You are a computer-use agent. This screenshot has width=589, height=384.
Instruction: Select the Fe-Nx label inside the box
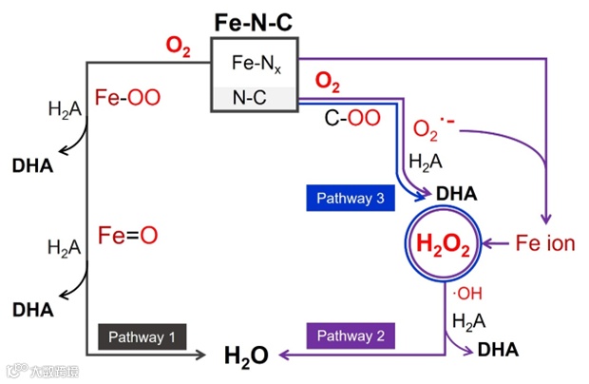[x=255, y=65]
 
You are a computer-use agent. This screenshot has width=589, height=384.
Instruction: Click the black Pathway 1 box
[x=142, y=336]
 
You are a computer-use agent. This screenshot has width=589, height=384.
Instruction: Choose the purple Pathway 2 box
[x=351, y=336]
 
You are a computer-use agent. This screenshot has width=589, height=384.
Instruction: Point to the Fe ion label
[x=545, y=243]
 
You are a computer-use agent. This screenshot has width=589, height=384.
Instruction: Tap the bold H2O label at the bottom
[x=246, y=355]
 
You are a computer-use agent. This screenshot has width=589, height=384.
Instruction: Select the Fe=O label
[x=127, y=235]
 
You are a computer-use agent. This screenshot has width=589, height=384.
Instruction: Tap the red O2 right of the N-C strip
[x=328, y=83]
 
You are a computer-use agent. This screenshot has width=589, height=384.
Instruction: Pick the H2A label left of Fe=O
[x=65, y=247]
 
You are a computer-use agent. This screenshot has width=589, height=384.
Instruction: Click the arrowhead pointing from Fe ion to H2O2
[x=489, y=244]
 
